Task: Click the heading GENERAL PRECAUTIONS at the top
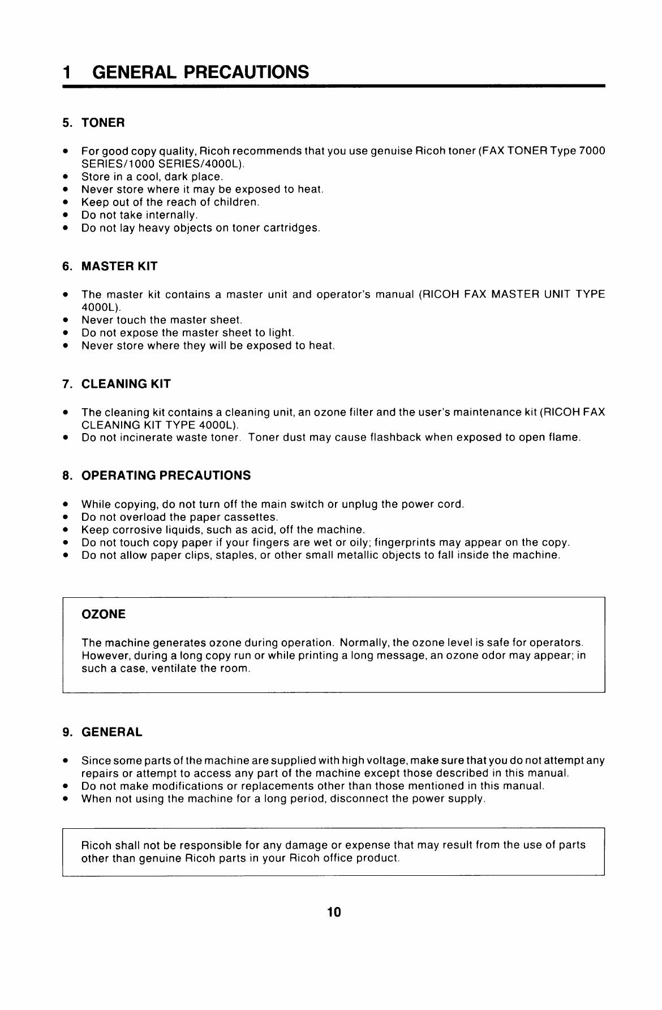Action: [x=200, y=72]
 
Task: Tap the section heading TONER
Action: [x=103, y=123]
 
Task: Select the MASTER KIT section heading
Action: [x=119, y=266]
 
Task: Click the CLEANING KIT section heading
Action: [x=126, y=384]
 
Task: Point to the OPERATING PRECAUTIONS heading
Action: [x=166, y=476]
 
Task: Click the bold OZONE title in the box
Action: [x=104, y=614]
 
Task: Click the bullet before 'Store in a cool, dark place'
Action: [x=66, y=177]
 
